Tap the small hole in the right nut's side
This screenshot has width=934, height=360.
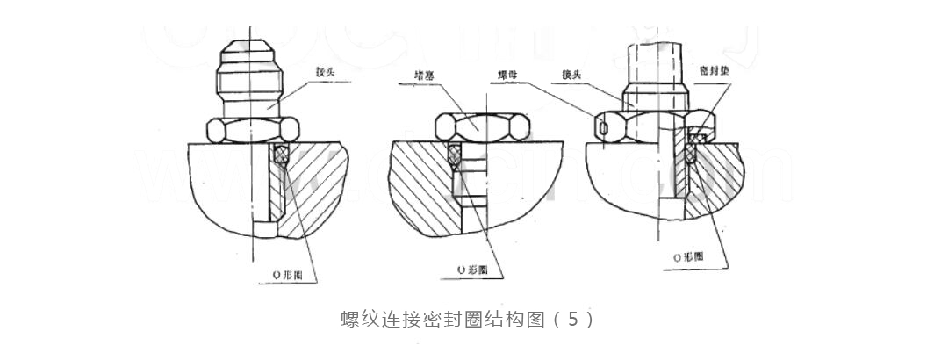tap(600, 128)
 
